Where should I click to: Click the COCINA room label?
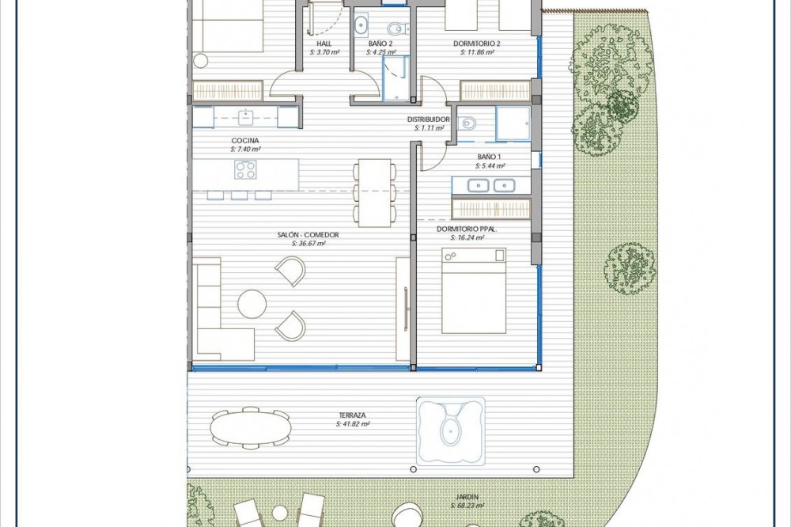pyautogui.click(x=245, y=141)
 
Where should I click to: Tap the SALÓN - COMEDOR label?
pyautogui.click(x=308, y=235)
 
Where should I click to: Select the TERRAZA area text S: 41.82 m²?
pyautogui.click(x=353, y=424)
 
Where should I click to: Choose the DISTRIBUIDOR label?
pyautogui.click(x=428, y=119)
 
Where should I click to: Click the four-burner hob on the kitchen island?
pyautogui.click(x=245, y=169)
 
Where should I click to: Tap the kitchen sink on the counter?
pyautogui.click(x=245, y=116)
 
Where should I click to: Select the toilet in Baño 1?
pyautogui.click(x=468, y=123)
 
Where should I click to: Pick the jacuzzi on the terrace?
pyautogui.click(x=450, y=430)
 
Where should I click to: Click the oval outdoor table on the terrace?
pyautogui.click(x=252, y=427)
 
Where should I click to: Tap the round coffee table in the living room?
pyautogui.click(x=252, y=304)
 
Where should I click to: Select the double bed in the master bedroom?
pyautogui.click(x=474, y=290)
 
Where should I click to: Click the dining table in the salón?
pyautogui.click(x=374, y=193)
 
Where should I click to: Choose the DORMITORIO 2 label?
pyautogui.click(x=477, y=44)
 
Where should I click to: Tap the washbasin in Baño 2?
pyautogui.click(x=361, y=25)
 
